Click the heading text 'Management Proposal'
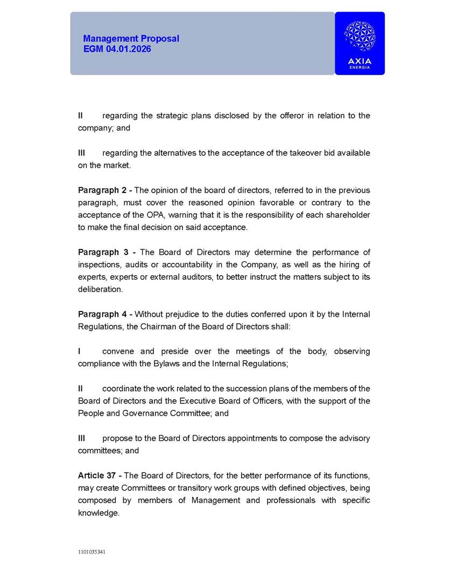click(131, 39)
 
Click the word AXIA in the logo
click(360, 61)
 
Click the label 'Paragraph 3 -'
click(106, 252)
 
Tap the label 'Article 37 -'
click(100, 475)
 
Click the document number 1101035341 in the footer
click(92, 552)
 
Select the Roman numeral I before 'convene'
click(80, 351)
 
